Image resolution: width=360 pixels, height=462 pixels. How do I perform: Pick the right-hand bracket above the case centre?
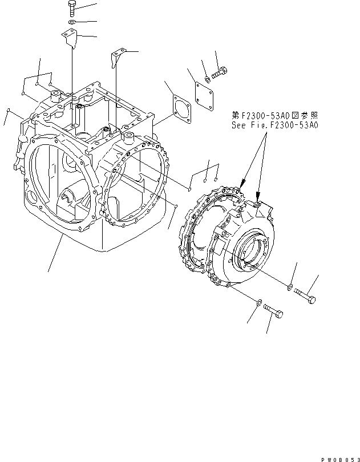118,57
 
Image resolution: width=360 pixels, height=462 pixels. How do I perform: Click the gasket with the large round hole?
181,107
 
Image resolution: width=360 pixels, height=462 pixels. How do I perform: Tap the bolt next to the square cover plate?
220,73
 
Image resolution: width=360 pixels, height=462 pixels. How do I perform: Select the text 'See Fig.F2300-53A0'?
274,124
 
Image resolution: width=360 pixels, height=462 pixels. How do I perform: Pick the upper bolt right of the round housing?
305,295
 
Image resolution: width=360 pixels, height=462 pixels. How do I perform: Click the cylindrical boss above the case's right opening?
127,138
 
